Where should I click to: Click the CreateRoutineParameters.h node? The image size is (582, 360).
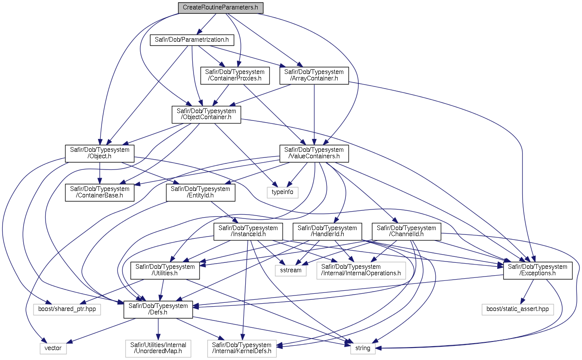click(x=221, y=8)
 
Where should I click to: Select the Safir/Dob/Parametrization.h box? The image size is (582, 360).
click(x=192, y=40)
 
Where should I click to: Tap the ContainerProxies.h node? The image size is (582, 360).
click(x=235, y=76)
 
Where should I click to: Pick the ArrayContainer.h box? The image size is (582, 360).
click(x=314, y=76)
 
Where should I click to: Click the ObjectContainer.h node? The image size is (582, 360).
click(x=206, y=114)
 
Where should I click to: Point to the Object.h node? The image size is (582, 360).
click(x=99, y=154)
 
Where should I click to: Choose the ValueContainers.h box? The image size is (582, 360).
click(x=314, y=154)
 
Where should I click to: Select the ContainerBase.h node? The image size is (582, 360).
click(x=99, y=192)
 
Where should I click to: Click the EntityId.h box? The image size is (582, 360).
click(x=200, y=192)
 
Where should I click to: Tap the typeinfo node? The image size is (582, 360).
click(x=283, y=192)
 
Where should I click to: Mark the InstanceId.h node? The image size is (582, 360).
click(x=248, y=231)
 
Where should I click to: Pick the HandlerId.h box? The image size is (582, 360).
click(x=327, y=231)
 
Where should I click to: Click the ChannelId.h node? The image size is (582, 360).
click(x=406, y=231)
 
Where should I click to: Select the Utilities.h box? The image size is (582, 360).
click(x=165, y=271)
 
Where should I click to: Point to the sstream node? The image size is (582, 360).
click(x=291, y=271)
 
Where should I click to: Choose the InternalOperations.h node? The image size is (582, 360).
click(x=361, y=271)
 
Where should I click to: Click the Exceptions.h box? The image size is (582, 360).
click(x=538, y=271)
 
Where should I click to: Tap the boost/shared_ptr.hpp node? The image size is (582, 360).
click(x=67, y=309)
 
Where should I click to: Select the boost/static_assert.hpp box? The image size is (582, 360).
click(x=517, y=309)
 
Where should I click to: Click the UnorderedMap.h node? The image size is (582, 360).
click(x=158, y=348)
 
